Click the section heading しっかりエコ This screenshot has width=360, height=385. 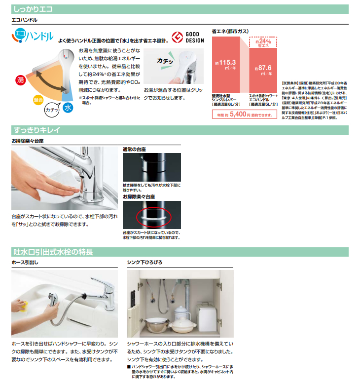click(34, 9)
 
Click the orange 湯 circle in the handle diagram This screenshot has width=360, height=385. click(21, 80)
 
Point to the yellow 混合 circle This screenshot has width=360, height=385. click(38, 100)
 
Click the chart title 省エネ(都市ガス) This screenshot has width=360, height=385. click(230, 31)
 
